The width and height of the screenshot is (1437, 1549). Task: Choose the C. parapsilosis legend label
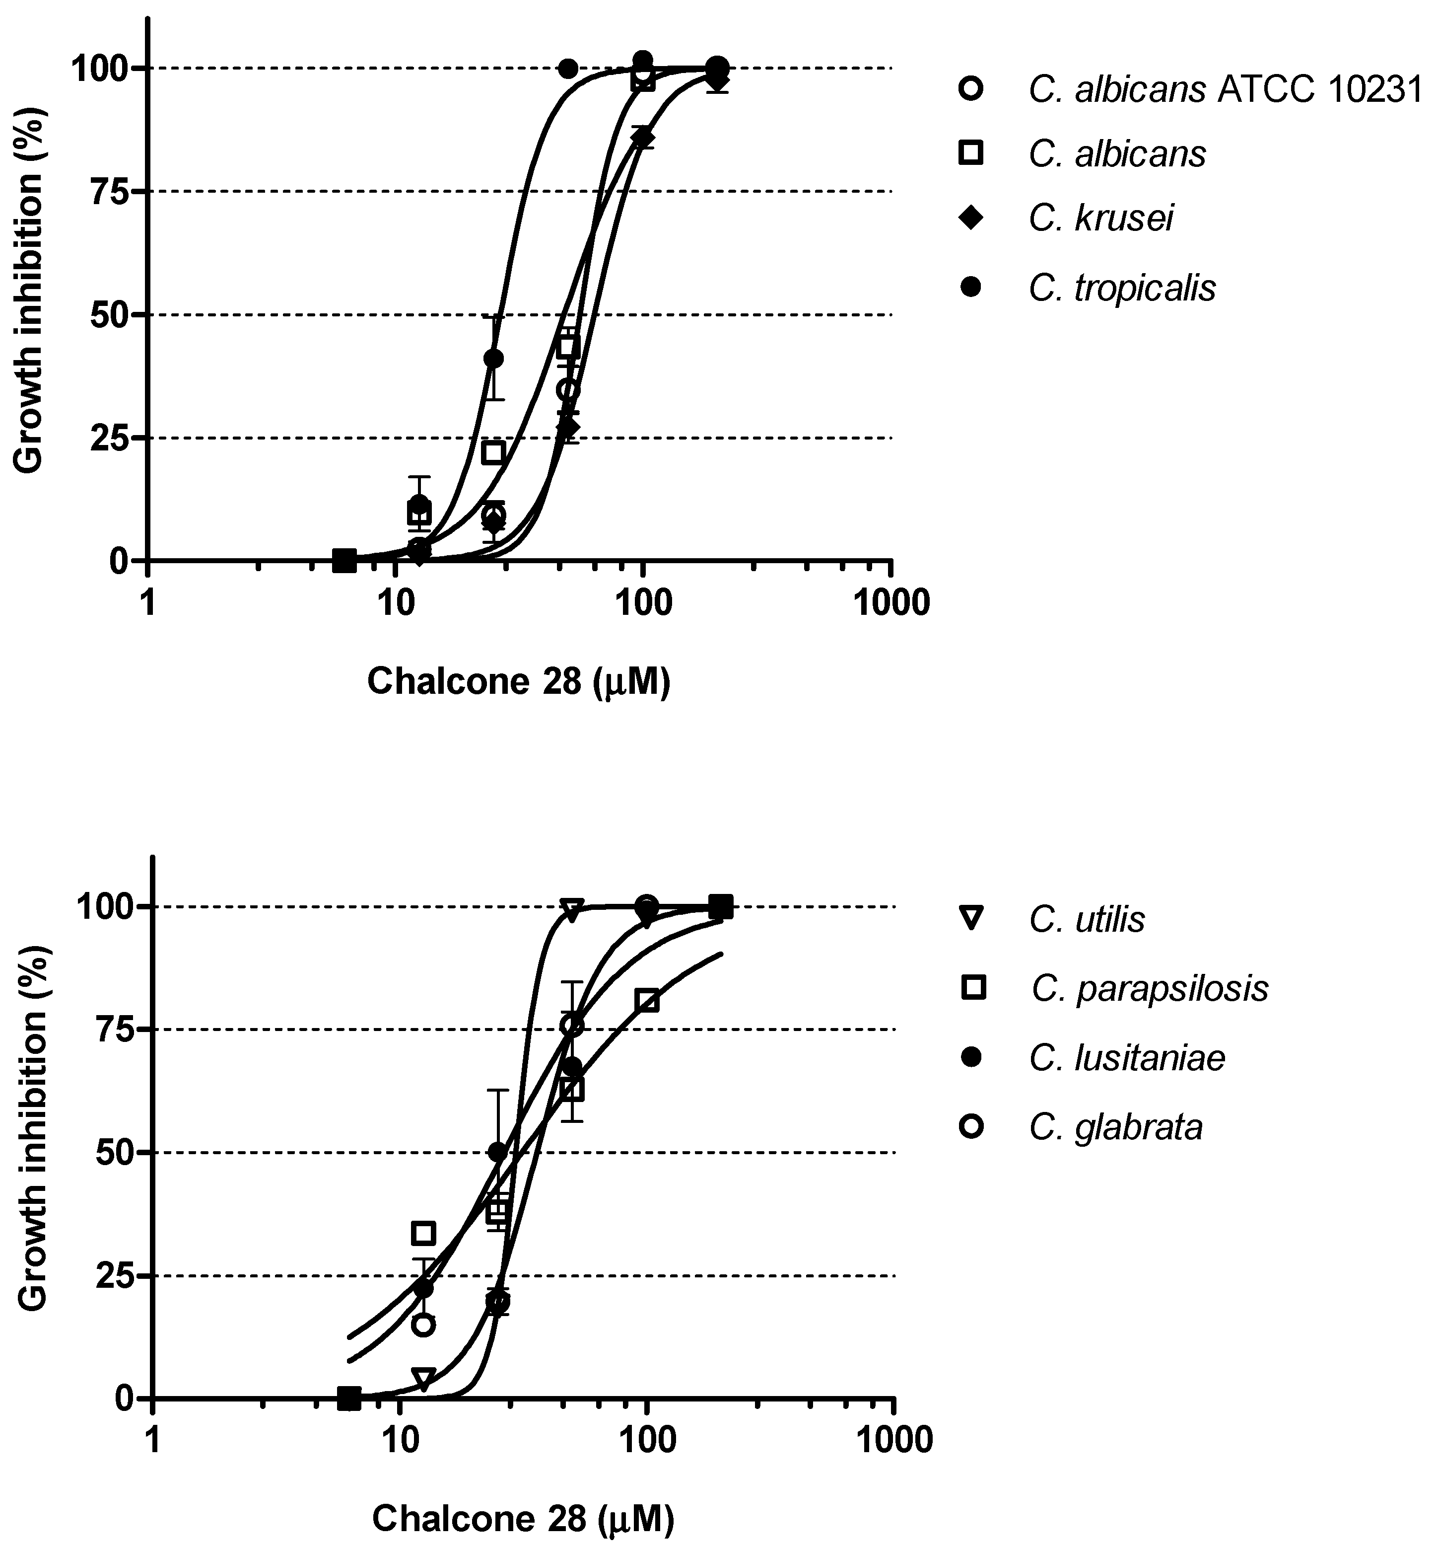point(1149,989)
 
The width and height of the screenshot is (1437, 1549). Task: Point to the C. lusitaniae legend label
point(1127,1058)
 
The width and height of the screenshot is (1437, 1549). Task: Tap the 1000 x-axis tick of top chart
point(891,604)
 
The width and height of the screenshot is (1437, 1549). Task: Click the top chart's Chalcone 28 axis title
point(519,681)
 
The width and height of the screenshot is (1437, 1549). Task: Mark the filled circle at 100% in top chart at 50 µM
point(568,69)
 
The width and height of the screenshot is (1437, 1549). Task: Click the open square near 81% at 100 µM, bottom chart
point(647,1001)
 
